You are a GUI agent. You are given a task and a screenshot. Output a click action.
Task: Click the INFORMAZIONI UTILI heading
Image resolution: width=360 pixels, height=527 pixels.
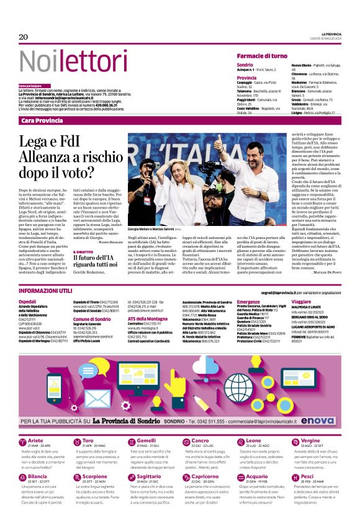[45, 291]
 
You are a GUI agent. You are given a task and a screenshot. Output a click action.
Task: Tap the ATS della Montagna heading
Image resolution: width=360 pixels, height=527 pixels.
[148, 318]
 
